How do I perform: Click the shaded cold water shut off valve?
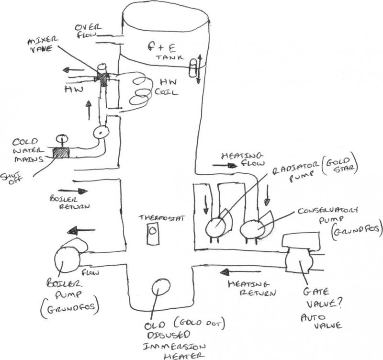click(x=61, y=153)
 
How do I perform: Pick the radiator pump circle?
click(x=216, y=225)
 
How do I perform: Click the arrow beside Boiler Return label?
click(x=80, y=191)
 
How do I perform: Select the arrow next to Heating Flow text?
click(x=227, y=165)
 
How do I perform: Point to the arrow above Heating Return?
click(x=228, y=273)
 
